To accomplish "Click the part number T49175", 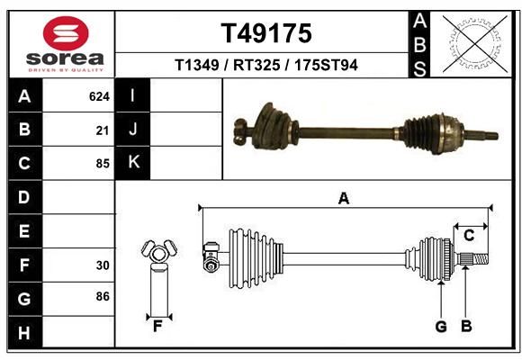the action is click(x=266, y=33).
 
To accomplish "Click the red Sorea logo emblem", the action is click(x=66, y=33).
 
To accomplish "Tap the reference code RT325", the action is click(x=256, y=65).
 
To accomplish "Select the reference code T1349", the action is click(x=197, y=65).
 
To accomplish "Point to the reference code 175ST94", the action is click(x=326, y=65).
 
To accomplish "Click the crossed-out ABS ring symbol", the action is click(x=476, y=44).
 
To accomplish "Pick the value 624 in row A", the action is click(x=99, y=96).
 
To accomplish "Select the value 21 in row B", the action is click(x=103, y=130).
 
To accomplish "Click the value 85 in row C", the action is click(x=103, y=164).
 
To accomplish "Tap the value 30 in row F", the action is click(x=103, y=265).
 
